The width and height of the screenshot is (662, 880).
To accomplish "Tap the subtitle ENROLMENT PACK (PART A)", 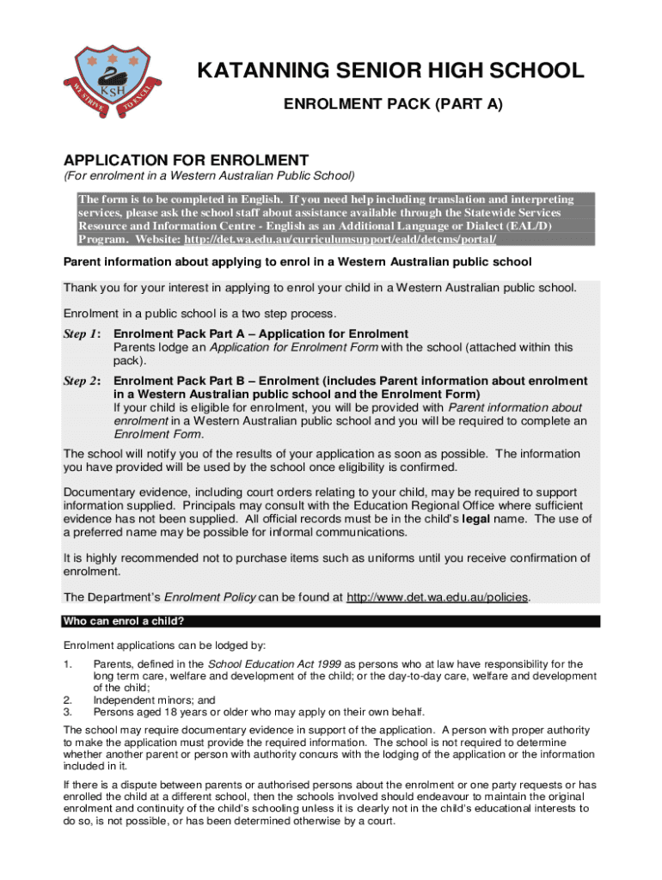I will (393, 105).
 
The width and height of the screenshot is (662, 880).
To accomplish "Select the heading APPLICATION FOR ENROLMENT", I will (186, 161).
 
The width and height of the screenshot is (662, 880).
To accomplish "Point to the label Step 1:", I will (83, 333).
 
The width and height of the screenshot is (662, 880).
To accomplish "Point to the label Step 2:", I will (83, 380).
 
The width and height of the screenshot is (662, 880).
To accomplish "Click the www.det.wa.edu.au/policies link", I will (438, 596).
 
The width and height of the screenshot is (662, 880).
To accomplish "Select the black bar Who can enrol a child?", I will (331, 621).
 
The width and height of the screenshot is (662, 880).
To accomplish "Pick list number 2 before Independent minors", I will (68, 700).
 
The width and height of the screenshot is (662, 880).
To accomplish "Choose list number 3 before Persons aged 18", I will (68, 712).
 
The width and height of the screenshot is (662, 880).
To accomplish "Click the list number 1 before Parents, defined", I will (68, 664).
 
